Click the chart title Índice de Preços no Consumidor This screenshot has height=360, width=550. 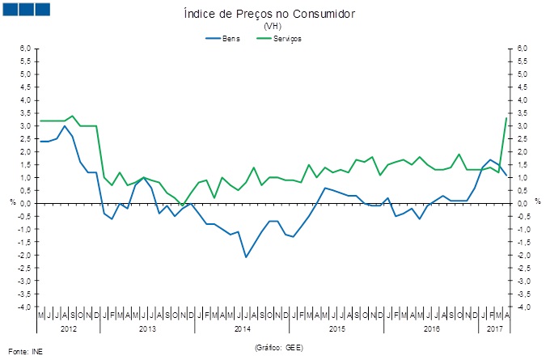[x=270, y=15]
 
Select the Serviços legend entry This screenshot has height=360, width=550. [x=288, y=38]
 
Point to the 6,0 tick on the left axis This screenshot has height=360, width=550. [x=26, y=49]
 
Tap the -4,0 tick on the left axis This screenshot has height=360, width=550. [x=25, y=307]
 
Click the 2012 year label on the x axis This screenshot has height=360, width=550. [x=69, y=328]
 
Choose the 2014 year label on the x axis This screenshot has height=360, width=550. [x=242, y=328]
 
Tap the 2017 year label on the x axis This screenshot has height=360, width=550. [x=495, y=328]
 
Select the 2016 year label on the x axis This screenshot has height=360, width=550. [x=431, y=328]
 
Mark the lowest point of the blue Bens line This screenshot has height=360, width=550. [x=246, y=257]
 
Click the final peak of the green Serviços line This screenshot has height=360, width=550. [x=506, y=118]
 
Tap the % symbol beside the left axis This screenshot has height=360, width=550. [x=13, y=202]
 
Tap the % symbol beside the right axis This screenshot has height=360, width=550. [x=537, y=202]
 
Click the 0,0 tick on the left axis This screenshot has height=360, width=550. [x=26, y=204]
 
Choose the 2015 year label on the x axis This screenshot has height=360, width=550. [x=336, y=328]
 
